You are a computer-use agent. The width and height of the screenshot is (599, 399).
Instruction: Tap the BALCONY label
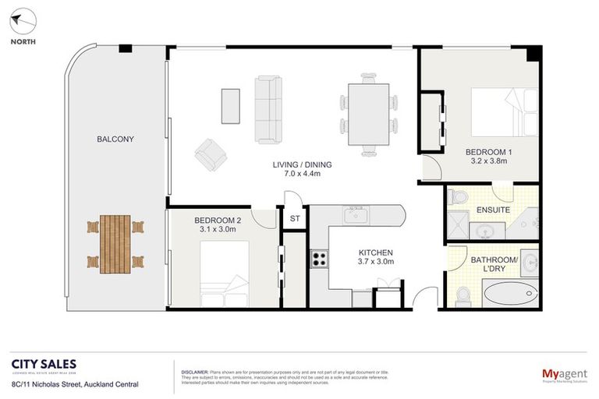[115, 139]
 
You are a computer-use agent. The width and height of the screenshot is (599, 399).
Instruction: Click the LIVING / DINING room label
[302, 164]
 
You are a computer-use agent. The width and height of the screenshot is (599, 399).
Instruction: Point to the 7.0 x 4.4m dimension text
[302, 175]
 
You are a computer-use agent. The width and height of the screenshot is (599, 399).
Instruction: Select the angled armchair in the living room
[211, 154]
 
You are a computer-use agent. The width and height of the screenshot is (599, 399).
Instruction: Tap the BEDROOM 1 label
[488, 152]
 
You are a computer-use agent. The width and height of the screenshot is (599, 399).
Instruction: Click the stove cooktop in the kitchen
[319, 259]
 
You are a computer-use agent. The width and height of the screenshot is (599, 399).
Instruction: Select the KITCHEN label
[375, 252]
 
